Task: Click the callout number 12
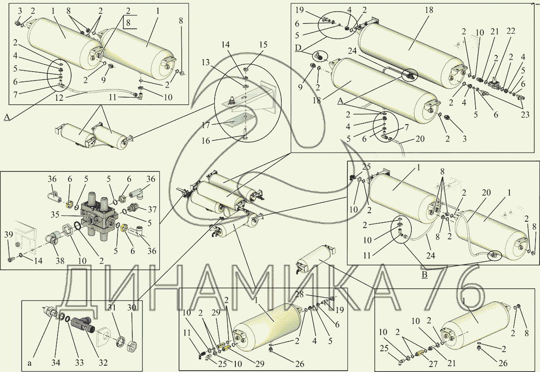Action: pos(59,98)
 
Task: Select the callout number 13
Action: pos(206,63)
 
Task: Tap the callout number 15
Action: pos(263,45)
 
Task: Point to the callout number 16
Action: pos(206,140)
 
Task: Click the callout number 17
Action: pos(206,125)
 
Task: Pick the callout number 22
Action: pos(511,31)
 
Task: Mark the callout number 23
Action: pos(525,114)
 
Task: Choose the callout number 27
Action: pos(433,364)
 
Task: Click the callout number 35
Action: pos(55,215)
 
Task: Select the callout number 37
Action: pos(153,210)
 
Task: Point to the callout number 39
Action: pos(9,235)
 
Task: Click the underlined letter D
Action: pos(298,48)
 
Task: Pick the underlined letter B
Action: pos(425,275)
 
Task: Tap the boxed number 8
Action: pos(128,22)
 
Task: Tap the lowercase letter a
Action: pos(29,363)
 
